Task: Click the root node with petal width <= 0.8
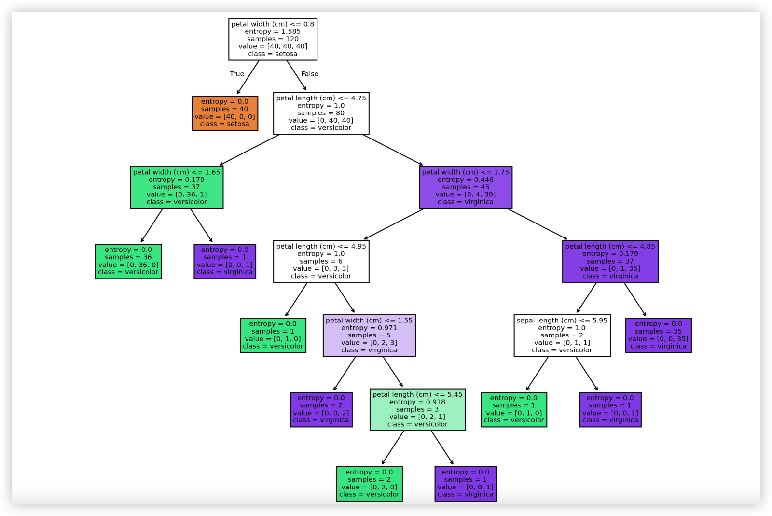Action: pos(273,39)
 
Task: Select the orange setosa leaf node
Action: pos(225,113)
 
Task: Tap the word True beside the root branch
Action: pos(236,74)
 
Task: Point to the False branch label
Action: pos(310,74)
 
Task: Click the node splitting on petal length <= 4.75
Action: pos(321,113)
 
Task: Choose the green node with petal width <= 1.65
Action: pos(177,187)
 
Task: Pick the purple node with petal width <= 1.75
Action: pos(466,187)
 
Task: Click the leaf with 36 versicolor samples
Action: pos(128,261)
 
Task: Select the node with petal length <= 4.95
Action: pos(321,261)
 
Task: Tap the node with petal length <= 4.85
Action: pos(610,261)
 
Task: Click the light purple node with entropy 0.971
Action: pos(369,335)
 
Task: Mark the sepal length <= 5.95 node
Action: pos(562,335)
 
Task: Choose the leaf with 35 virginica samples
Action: pos(658,335)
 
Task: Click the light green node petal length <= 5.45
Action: pos(417,409)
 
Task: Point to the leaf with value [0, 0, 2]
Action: pos(321,409)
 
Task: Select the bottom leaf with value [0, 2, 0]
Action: pos(369,484)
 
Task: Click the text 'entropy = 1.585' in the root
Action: pos(273,31)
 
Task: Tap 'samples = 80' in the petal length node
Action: pos(321,113)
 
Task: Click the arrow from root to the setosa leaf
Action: pos(248,77)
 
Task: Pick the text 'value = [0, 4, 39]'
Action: pos(466,195)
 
